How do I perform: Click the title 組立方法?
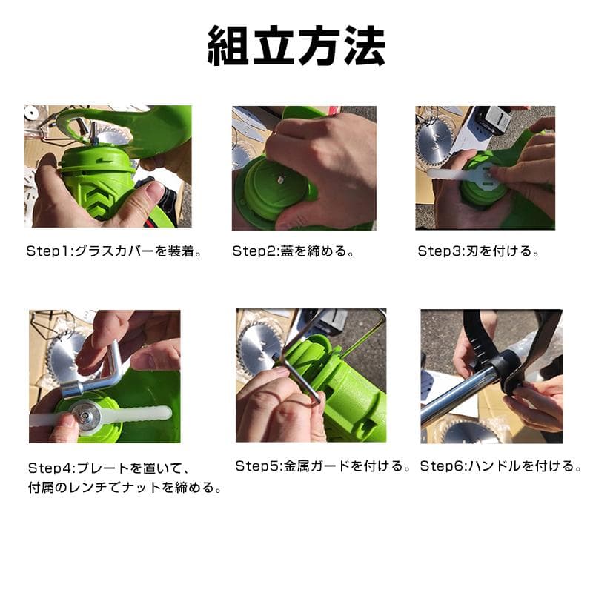296,47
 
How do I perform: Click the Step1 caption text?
115,251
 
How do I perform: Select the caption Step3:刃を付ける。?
478,251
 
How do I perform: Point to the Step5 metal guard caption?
324,466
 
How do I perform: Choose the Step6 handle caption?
501,466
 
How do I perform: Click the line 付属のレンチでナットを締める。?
126,488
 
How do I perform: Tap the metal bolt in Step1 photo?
94,134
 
